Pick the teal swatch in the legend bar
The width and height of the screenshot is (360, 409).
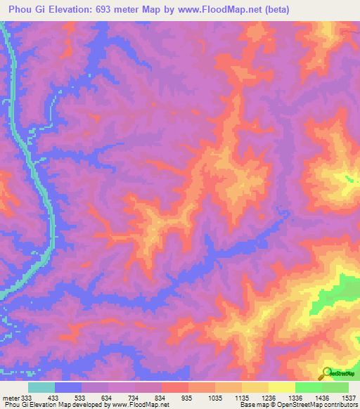(x=41, y=387)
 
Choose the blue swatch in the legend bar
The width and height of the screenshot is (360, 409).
(x=67, y=387)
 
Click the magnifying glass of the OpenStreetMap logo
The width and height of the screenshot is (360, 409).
(x=326, y=372)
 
